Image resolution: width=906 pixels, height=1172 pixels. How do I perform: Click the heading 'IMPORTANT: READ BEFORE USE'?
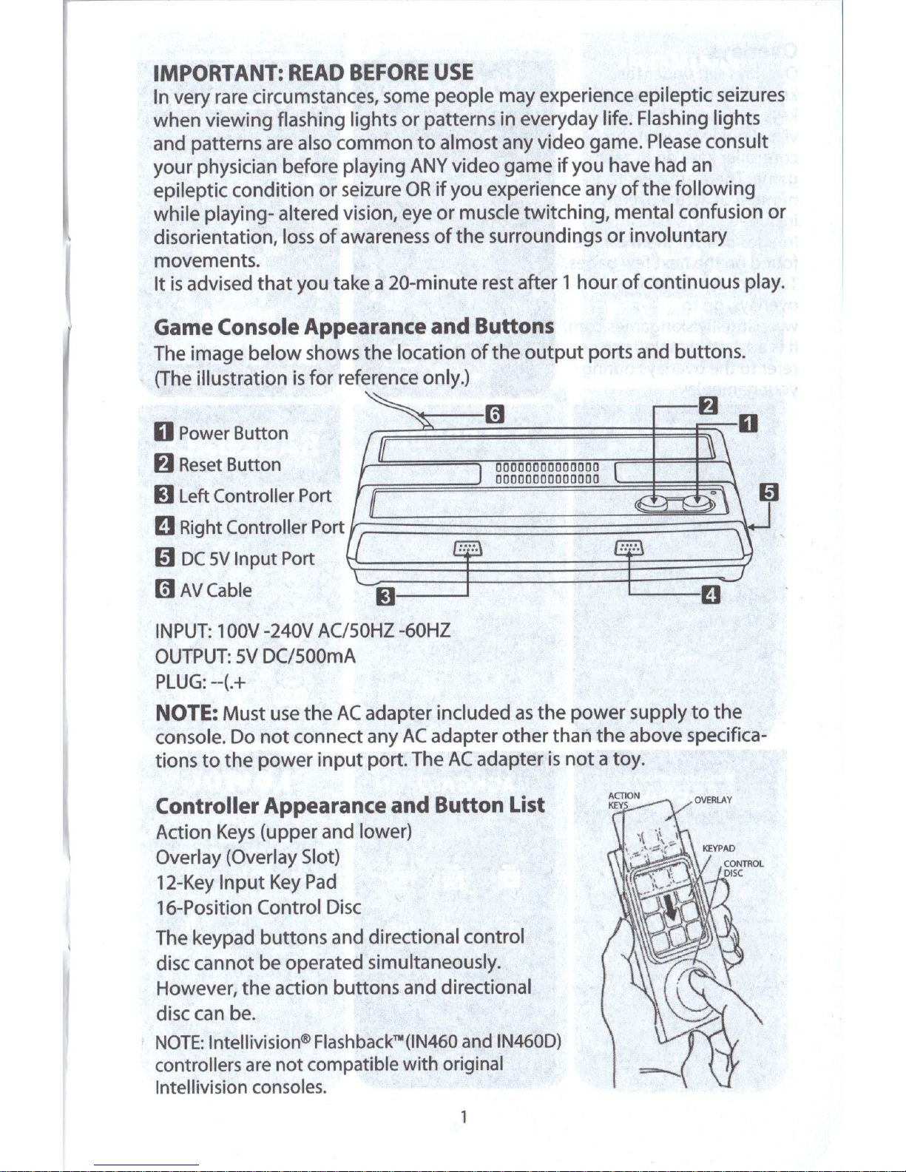point(313,72)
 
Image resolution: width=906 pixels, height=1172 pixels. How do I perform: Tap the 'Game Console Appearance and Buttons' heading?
point(354,326)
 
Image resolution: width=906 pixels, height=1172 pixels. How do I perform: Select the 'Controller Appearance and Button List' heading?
point(350,805)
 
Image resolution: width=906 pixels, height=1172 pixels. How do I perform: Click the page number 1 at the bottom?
point(463,1117)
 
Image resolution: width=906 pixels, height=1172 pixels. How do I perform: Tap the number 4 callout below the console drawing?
point(710,595)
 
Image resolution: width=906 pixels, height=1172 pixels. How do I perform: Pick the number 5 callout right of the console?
point(769,492)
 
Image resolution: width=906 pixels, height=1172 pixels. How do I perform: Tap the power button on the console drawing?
point(697,502)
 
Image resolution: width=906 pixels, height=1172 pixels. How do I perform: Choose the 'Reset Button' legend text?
point(229,464)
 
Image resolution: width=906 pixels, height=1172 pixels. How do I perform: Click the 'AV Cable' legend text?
point(215,590)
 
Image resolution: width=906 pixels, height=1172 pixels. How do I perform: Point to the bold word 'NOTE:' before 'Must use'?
point(186,713)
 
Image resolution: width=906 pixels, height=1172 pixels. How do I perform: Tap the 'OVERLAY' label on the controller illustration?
point(713,799)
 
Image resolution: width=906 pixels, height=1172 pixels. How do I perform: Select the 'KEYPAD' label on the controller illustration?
point(717,848)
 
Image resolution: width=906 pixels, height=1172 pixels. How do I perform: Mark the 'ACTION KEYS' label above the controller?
point(623,800)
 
